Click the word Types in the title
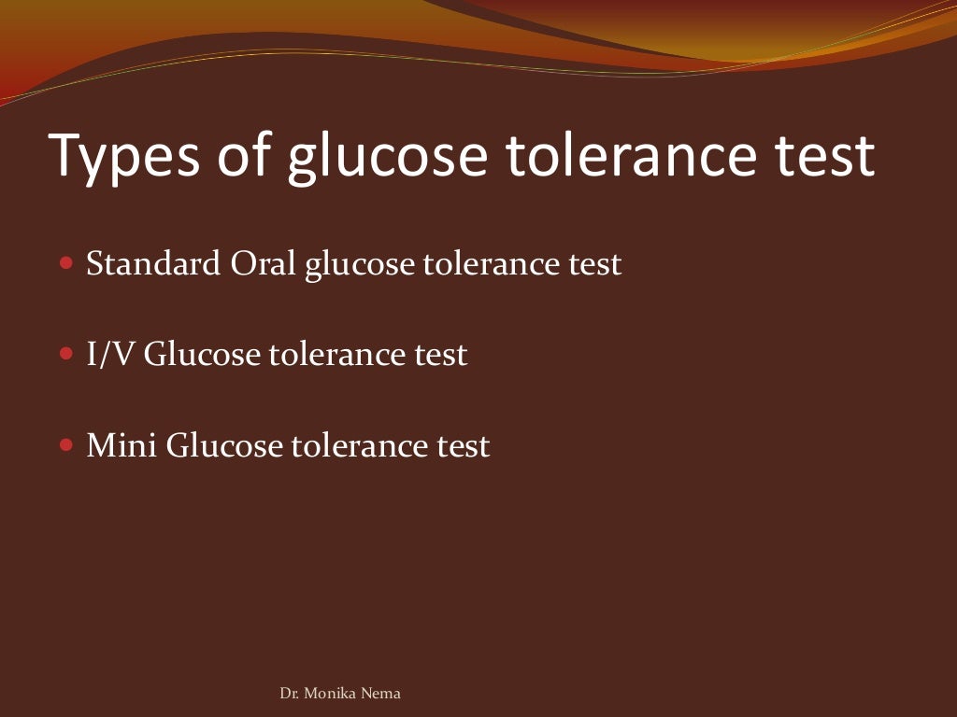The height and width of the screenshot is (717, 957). tap(125, 156)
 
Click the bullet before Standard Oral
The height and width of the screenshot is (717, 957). tap(65, 264)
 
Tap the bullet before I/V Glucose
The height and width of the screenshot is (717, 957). tap(65, 356)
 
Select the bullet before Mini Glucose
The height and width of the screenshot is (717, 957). tap(65, 445)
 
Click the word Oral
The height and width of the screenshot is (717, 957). tap(264, 264)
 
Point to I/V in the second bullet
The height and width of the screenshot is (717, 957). tap(111, 356)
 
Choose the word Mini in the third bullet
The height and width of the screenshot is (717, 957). tap(121, 445)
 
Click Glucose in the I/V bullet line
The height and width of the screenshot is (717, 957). tap(203, 356)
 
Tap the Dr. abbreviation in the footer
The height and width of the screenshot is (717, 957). tap(290, 694)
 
